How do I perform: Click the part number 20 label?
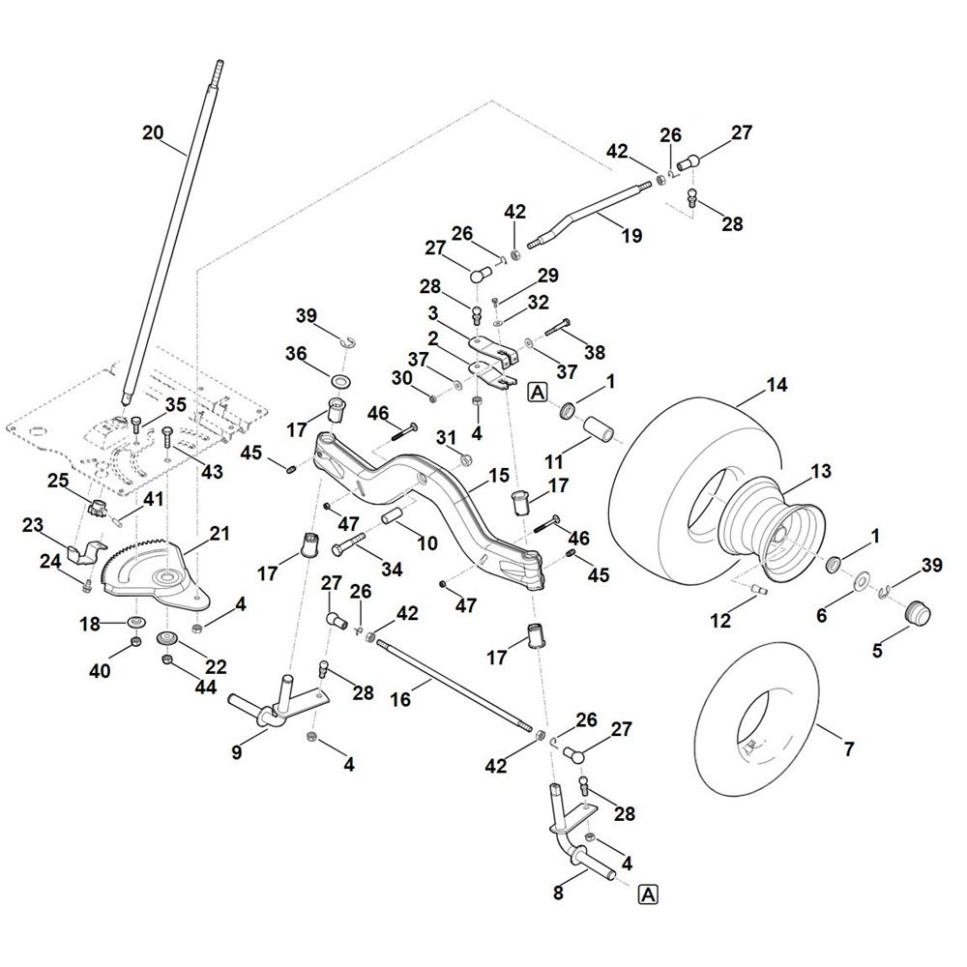[x=153, y=133]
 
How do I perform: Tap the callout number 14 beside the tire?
[x=777, y=385]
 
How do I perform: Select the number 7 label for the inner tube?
[x=848, y=749]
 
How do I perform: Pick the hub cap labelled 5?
[x=914, y=613]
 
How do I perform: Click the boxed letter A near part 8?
[x=647, y=895]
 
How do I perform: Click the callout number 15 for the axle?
[x=499, y=476]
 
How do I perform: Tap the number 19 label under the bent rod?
[x=631, y=235]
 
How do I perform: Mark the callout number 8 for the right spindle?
[x=557, y=894]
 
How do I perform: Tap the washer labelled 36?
[x=340, y=375]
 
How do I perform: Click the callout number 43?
[x=212, y=472]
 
